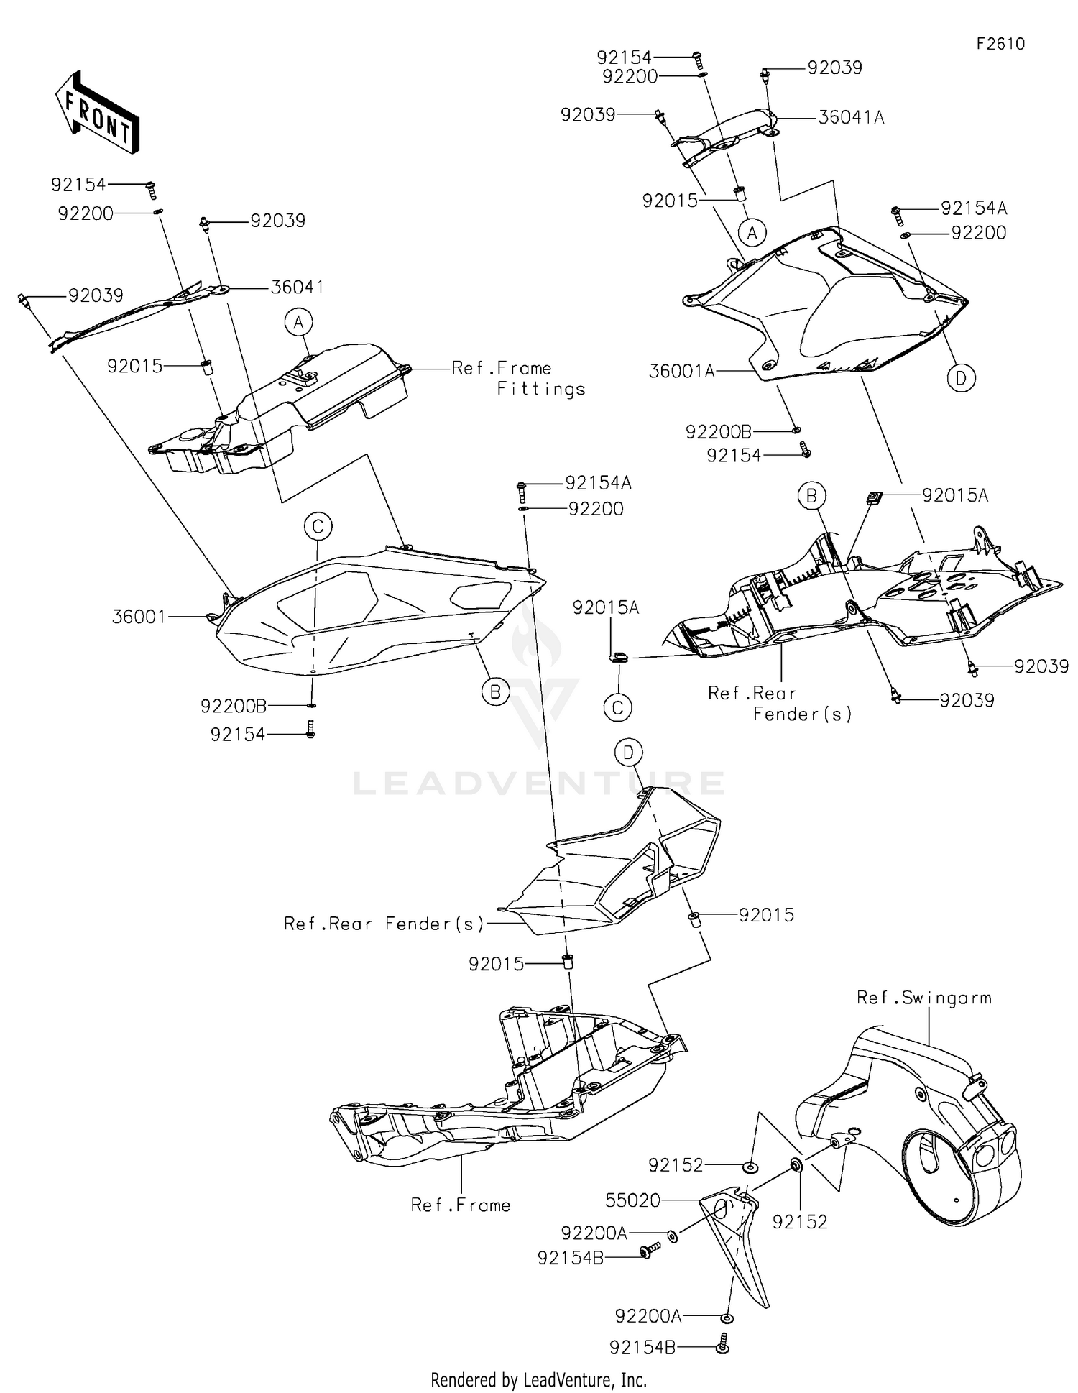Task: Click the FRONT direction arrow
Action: (x=97, y=112)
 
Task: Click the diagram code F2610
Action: (x=1000, y=44)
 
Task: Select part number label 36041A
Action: (x=851, y=117)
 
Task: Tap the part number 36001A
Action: (x=681, y=371)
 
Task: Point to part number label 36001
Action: (x=139, y=617)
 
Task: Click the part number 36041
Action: (x=297, y=288)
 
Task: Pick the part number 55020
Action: (x=633, y=1200)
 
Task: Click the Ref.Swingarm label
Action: (x=923, y=998)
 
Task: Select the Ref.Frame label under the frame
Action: (x=461, y=1205)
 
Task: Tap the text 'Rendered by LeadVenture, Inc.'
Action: (x=538, y=1379)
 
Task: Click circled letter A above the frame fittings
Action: (x=299, y=323)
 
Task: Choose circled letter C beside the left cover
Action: (x=318, y=526)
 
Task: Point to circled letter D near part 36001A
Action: (x=961, y=377)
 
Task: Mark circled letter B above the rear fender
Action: (x=811, y=495)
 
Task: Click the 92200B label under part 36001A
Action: (x=718, y=432)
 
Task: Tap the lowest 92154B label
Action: (x=642, y=1347)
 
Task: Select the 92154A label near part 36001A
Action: (x=974, y=208)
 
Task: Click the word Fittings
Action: (x=541, y=390)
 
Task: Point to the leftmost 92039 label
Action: (x=96, y=295)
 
